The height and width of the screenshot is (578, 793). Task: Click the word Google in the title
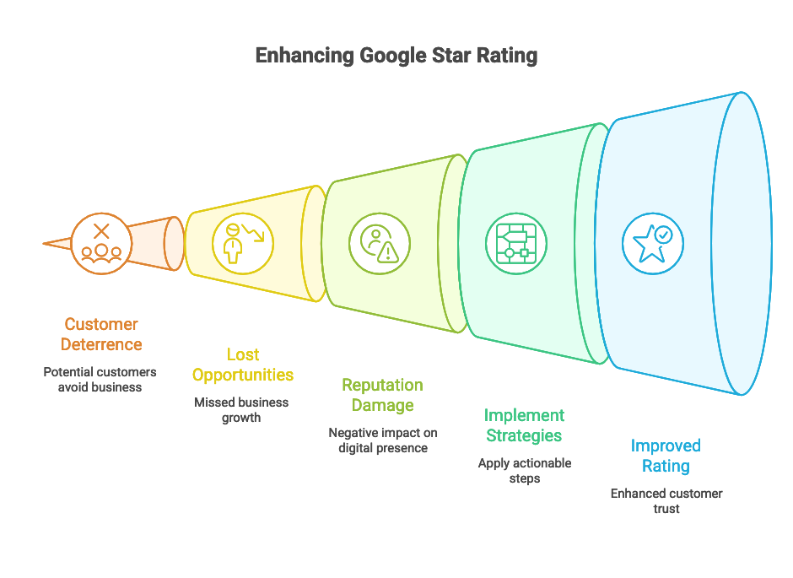(x=394, y=57)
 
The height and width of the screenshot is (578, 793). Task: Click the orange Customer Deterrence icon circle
(x=101, y=243)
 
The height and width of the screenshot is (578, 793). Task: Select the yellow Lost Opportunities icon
(x=242, y=243)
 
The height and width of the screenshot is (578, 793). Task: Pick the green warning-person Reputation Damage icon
(x=378, y=243)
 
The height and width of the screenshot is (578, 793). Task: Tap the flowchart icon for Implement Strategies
(x=515, y=243)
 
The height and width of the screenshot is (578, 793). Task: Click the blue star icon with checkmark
(x=651, y=243)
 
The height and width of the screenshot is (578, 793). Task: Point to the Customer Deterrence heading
(x=101, y=334)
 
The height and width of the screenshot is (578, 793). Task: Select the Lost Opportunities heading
(x=242, y=365)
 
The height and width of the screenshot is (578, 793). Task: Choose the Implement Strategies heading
(x=524, y=425)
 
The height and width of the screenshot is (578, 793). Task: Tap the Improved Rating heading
(x=666, y=456)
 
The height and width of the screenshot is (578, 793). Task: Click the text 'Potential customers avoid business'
(x=100, y=379)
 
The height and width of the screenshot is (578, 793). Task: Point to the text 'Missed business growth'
(x=241, y=409)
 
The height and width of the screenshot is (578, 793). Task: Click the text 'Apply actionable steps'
(x=524, y=470)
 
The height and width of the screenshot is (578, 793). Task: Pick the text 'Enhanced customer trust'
(x=666, y=500)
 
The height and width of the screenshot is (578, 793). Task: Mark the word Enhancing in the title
(x=305, y=57)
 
